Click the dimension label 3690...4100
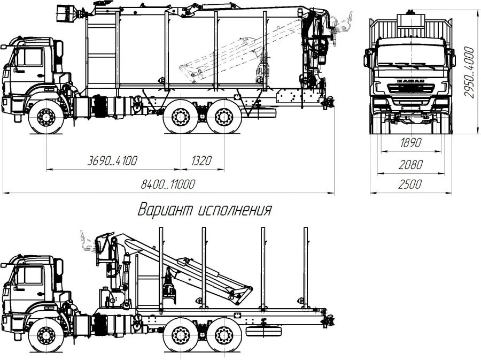click(x=112, y=160)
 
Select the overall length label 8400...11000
click(x=167, y=184)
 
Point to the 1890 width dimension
click(x=410, y=143)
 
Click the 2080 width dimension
click(x=410, y=164)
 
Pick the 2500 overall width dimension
click(x=410, y=184)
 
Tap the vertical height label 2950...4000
click(x=469, y=72)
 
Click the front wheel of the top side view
click(x=45, y=118)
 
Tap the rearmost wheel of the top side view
click(x=221, y=118)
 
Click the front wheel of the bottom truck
click(x=45, y=335)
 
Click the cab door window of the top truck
click(x=32, y=57)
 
